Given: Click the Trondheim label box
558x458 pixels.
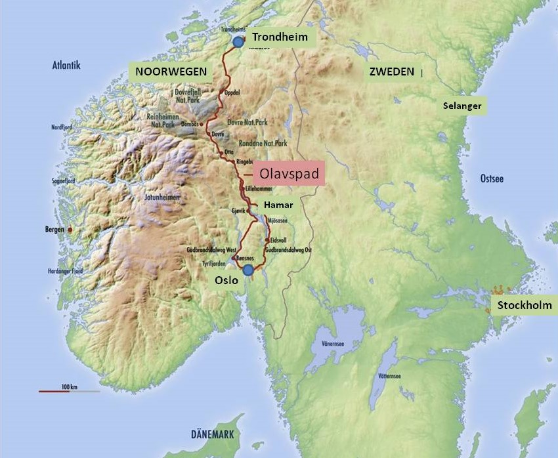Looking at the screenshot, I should coord(280,37).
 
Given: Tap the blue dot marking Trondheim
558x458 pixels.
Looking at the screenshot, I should coord(238,42).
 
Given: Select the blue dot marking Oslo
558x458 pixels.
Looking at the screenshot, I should coord(247,270).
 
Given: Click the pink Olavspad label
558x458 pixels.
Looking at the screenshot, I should coord(289,175).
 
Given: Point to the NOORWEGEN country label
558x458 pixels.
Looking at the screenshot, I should coord(171,72).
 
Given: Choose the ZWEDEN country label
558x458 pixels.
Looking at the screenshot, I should coord(391,72).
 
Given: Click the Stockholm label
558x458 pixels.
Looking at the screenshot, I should coord(523,305).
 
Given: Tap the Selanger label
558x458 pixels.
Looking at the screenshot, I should coord(462,106).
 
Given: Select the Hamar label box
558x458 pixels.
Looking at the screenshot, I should coord(278,205).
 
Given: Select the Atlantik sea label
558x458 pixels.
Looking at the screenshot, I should coord(66,65).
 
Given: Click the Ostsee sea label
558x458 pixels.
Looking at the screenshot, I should coord(492,178).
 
